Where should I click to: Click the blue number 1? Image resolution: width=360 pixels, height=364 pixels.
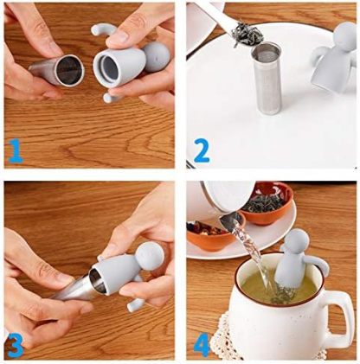pos(14,153)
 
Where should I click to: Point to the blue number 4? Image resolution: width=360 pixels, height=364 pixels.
pos(202,343)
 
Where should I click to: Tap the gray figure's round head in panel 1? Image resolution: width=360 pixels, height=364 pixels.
pos(156,57)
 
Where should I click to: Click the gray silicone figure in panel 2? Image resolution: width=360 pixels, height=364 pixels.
pos(332,65)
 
